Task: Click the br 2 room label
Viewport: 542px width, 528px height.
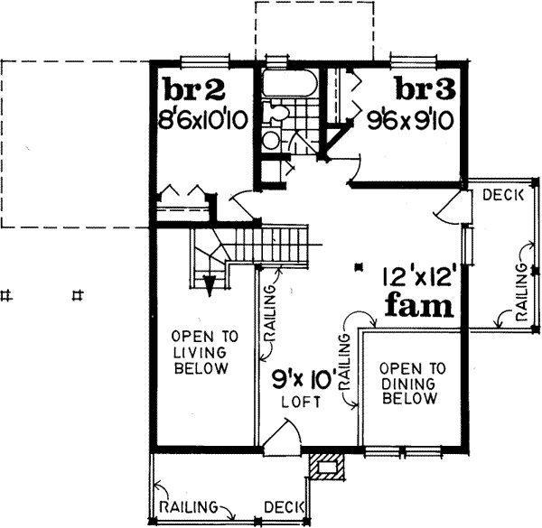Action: [192, 90]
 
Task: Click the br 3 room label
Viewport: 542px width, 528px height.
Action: [426, 90]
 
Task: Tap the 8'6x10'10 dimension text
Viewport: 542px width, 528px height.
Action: [201, 118]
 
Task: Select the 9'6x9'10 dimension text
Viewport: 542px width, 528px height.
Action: [412, 117]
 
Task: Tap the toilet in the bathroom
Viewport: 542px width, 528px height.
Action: [278, 114]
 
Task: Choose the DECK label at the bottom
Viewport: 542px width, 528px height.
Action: [285, 505]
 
